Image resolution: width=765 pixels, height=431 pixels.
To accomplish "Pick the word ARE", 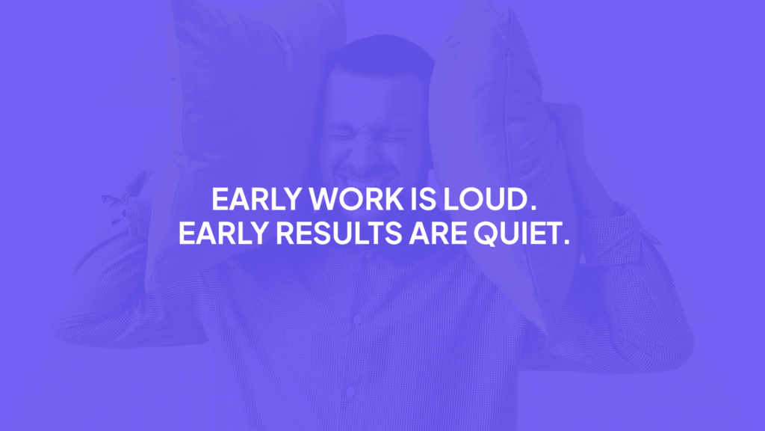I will pyautogui.click(x=433, y=233).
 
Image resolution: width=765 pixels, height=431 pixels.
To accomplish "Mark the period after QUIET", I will pyautogui.click(x=566, y=242).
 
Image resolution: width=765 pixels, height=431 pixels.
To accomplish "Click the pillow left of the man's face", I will pyautogui.click(x=247, y=127).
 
